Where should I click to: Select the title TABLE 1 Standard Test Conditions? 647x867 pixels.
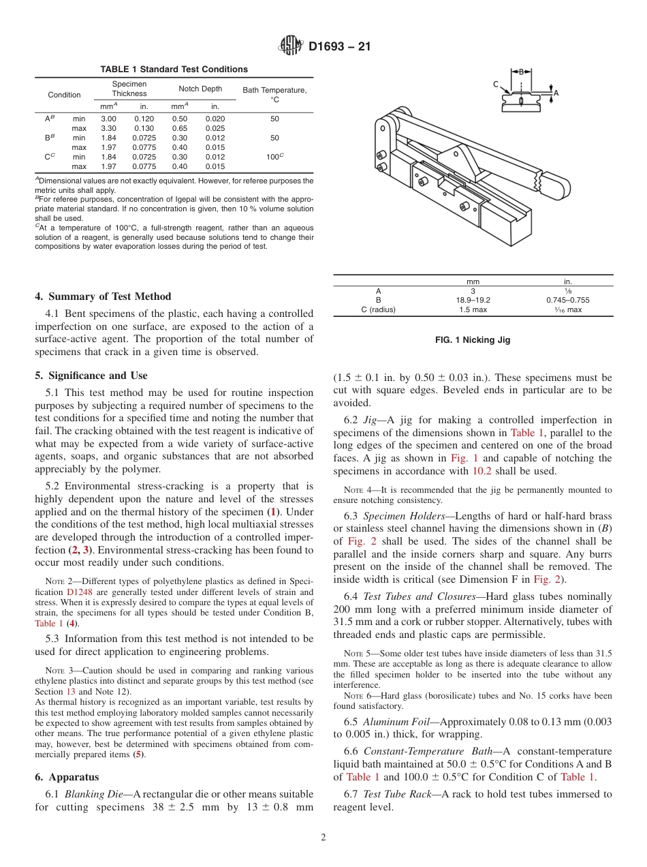pos(174,70)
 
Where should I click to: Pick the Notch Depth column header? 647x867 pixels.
pos(200,89)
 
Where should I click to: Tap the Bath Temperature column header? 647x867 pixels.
pos(274,95)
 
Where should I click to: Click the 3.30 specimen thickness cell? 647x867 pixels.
pos(108,128)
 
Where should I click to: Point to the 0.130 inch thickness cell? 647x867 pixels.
pos(144,128)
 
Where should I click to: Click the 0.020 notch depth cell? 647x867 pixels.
pos(215,119)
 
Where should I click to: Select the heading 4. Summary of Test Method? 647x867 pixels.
pos(103,296)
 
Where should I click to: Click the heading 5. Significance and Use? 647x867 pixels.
pos(91,376)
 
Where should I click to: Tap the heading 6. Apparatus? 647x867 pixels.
pos(67,777)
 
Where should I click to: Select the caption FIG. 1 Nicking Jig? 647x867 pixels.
pos(473,340)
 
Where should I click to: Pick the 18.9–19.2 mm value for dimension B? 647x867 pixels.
pos(473,300)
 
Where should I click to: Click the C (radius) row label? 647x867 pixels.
pos(378,309)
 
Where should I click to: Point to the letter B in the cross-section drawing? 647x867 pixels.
pos(522,71)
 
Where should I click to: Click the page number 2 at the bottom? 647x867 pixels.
pos(323,838)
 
